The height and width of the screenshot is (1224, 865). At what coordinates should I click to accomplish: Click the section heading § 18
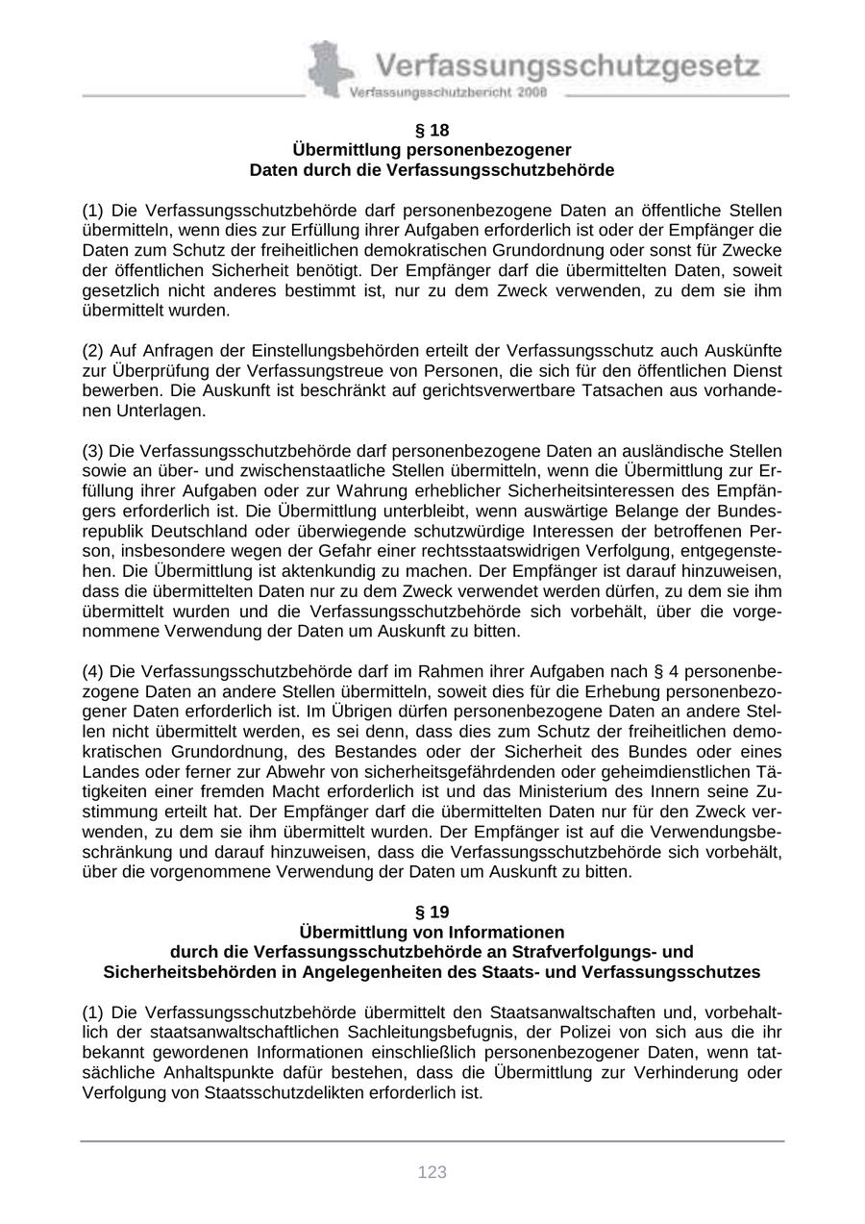coord(432,130)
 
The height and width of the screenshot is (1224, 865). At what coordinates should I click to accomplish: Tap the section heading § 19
coord(432,912)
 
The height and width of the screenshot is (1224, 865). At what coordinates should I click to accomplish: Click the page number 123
coord(432,1172)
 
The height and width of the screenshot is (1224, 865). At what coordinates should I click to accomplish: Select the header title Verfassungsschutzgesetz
coord(567,66)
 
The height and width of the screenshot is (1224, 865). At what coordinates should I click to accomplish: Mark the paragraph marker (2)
coord(93,351)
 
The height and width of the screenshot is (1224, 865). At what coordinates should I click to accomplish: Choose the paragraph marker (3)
coord(93,451)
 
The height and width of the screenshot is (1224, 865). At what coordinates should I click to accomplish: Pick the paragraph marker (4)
coord(93,671)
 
